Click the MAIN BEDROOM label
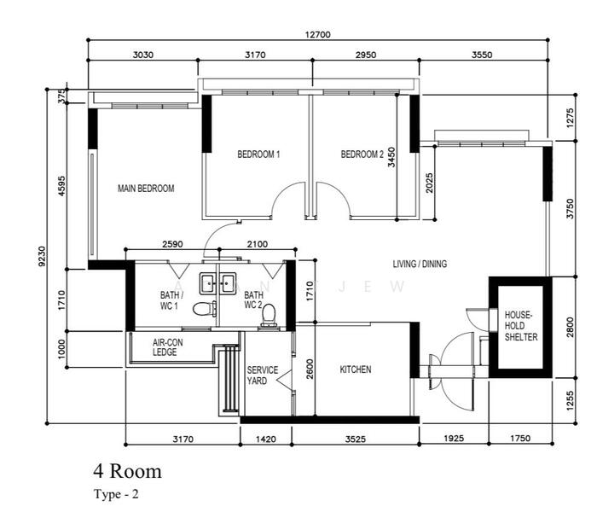(146, 189)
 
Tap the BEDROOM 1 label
(258, 154)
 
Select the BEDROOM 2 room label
(362, 154)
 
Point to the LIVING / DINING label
(420, 264)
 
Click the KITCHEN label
(356, 369)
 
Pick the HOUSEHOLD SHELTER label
(521, 326)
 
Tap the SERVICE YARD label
(263, 375)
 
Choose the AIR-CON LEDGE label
(167, 347)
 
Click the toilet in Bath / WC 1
(205, 309)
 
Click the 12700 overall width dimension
(318, 35)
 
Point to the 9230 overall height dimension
(42, 256)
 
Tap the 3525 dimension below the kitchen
(356, 439)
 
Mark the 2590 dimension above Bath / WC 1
(172, 244)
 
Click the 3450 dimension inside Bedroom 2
(391, 157)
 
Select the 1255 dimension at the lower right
(570, 400)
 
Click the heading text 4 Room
(128, 471)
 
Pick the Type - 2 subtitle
(116, 494)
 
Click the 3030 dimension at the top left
(143, 55)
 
